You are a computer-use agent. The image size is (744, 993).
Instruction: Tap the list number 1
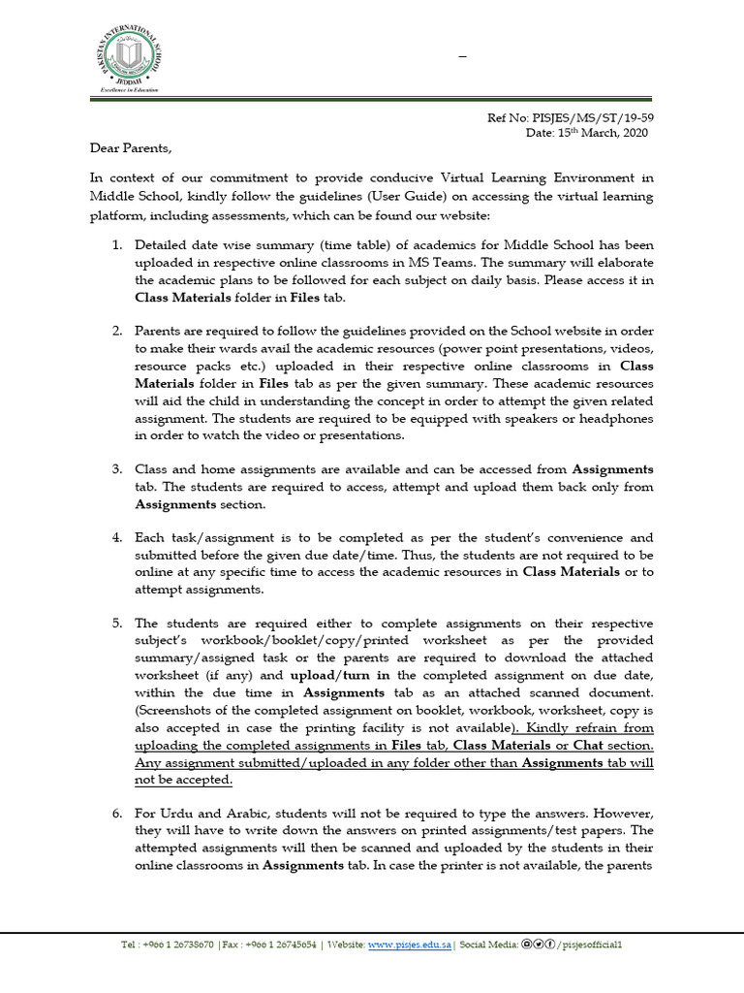click(x=117, y=244)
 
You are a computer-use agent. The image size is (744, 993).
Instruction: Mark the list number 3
click(x=117, y=469)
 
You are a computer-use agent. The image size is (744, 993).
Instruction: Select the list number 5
click(x=117, y=623)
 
